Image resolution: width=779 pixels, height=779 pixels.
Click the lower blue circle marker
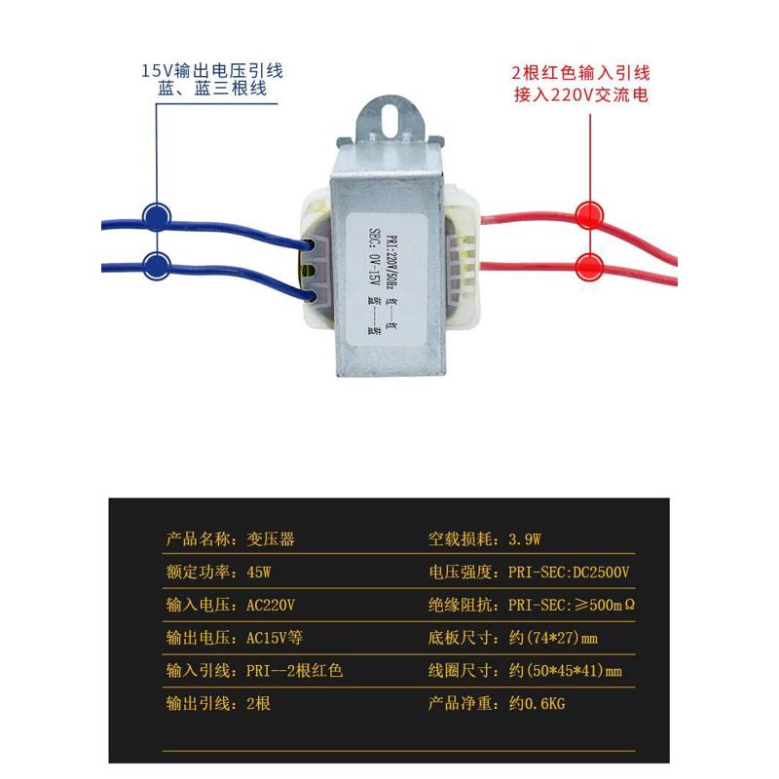(x=156, y=265)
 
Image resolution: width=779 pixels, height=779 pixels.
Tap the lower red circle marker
(x=588, y=265)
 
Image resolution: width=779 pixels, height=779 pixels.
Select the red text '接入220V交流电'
(x=581, y=94)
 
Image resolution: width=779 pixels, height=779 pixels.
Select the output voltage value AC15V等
(x=277, y=638)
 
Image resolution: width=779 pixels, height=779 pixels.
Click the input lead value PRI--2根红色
(x=295, y=671)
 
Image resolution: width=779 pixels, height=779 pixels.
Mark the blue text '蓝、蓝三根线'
(x=211, y=91)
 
